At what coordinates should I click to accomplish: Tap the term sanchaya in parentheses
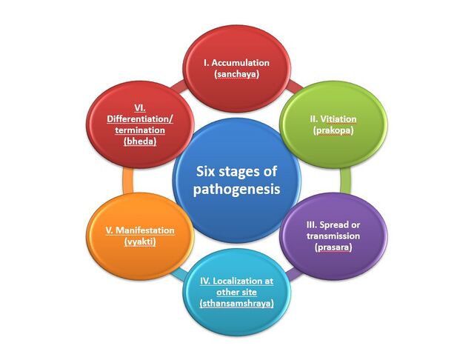click(237, 75)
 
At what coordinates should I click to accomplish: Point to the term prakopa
click(331, 130)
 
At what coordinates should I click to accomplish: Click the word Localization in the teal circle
click(224, 281)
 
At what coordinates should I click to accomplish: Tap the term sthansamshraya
click(235, 304)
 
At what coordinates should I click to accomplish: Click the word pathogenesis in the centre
click(236, 190)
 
